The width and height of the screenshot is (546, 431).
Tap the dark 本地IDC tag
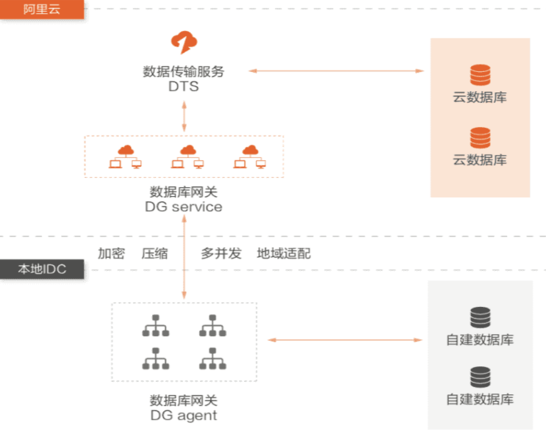(x=41, y=269)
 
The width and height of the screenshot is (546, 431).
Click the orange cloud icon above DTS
(x=183, y=43)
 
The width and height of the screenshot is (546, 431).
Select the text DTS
(x=183, y=87)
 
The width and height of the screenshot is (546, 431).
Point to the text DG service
(x=184, y=207)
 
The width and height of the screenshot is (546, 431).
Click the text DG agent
(x=184, y=416)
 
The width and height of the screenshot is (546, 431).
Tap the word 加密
(x=111, y=253)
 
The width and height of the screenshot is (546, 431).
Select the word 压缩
(x=154, y=253)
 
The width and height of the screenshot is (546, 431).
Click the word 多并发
(x=221, y=253)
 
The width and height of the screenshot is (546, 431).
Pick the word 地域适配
(x=284, y=253)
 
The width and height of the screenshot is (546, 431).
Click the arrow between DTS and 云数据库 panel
(x=336, y=71)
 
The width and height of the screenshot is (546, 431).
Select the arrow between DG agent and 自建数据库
(x=345, y=340)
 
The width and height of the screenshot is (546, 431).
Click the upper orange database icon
(x=480, y=75)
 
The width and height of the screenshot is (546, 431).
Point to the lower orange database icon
(x=480, y=137)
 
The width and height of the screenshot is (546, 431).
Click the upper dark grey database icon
(x=480, y=317)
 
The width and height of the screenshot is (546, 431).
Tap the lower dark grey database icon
(x=480, y=377)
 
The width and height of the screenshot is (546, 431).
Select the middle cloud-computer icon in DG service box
(x=187, y=156)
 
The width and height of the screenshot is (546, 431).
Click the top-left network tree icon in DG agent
(x=155, y=325)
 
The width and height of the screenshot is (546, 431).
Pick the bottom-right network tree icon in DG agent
(x=212, y=358)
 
